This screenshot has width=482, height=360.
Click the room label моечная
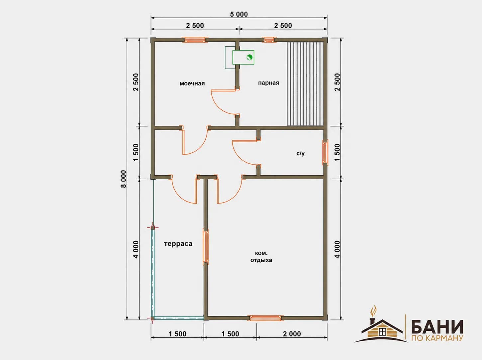(192, 84)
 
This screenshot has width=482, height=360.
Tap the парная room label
(268, 83)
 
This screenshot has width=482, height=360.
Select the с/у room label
(300, 153)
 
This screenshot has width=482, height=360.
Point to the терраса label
(178, 244)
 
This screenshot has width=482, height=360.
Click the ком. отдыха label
(261, 256)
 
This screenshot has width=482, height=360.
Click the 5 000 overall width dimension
(239, 14)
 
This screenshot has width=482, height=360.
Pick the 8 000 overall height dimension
(124, 179)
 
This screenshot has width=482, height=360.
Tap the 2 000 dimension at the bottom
(292, 334)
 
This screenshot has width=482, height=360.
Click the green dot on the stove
(249, 57)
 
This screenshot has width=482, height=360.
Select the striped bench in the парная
(305, 84)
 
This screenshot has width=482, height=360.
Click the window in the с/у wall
(325, 152)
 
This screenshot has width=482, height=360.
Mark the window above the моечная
(195, 40)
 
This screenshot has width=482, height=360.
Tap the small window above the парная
(269, 40)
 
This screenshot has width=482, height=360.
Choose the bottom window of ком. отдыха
(265, 318)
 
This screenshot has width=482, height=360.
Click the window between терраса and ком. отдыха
(206, 246)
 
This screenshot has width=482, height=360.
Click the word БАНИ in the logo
(437, 327)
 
